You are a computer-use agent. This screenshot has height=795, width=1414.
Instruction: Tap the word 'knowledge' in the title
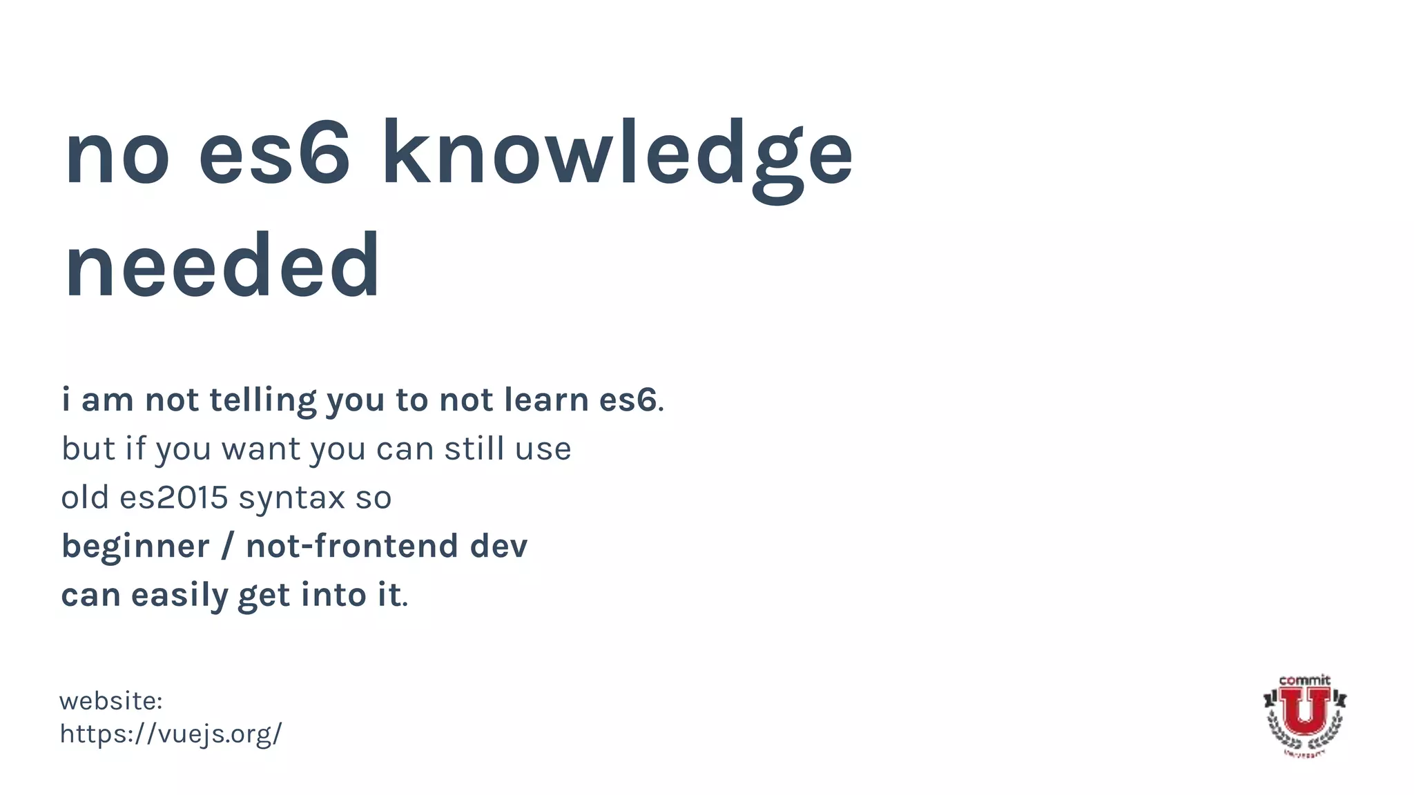pyautogui.click(x=617, y=155)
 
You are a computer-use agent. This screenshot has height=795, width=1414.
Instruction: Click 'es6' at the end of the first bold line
pyautogui.click(x=628, y=400)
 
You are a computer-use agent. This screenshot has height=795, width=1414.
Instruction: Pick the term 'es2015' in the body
pyautogui.click(x=173, y=498)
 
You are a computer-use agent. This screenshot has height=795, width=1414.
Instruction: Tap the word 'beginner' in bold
pyautogui.click(x=135, y=547)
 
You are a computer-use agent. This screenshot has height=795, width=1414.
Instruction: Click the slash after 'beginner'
pyautogui.click(x=227, y=547)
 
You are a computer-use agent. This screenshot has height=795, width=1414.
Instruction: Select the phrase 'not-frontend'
pyautogui.click(x=352, y=547)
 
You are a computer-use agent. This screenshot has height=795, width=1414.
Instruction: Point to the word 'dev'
pyautogui.click(x=498, y=547)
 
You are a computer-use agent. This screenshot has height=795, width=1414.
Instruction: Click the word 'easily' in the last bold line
pyautogui.click(x=180, y=596)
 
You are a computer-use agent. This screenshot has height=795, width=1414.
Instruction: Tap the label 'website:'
pyautogui.click(x=110, y=701)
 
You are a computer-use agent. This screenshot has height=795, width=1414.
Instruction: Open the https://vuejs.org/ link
pyautogui.click(x=171, y=734)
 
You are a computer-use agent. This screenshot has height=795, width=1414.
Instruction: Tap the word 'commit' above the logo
pyautogui.click(x=1304, y=680)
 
